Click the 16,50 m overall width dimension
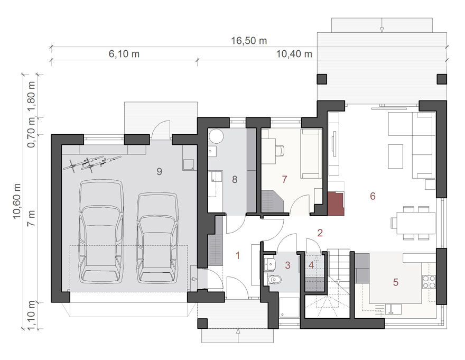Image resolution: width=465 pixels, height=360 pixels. [249, 41]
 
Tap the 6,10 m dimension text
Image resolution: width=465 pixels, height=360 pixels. [124, 54]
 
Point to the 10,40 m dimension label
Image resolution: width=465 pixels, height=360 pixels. [294, 54]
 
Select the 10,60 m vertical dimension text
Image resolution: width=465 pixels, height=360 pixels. [17, 201]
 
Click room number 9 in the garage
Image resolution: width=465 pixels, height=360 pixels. [159, 171]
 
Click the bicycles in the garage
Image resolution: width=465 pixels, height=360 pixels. [92, 163]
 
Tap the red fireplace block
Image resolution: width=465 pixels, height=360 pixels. [336, 204]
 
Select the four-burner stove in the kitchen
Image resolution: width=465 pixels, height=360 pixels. [429, 282]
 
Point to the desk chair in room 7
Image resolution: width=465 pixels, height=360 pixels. [280, 150]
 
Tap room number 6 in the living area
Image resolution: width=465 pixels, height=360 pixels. [373, 196]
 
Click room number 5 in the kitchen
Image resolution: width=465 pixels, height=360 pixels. [396, 282]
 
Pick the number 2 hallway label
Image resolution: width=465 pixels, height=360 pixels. [320, 233]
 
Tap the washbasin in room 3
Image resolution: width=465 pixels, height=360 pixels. [270, 263]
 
